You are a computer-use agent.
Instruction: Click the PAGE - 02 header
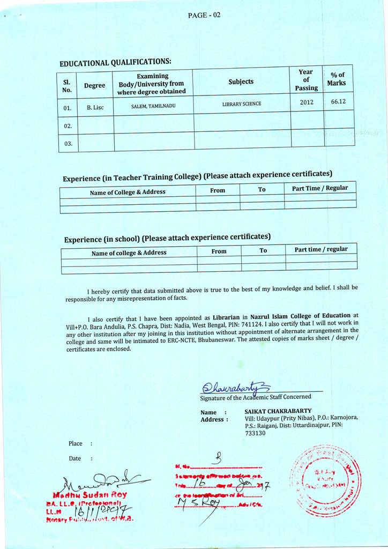pyautogui.click(x=204, y=15)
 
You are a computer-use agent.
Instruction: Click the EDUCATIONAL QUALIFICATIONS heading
pyautogui.click(x=115, y=63)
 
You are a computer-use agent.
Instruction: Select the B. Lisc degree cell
pyautogui.click(x=95, y=107)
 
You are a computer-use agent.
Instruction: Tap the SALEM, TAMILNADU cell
pyautogui.click(x=153, y=106)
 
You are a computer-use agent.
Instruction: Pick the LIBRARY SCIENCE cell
pyautogui.click(x=242, y=103)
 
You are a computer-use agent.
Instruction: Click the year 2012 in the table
pyautogui.click(x=307, y=102)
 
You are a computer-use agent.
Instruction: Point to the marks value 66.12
pyautogui.click(x=338, y=101)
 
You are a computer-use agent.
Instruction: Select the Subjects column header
pyautogui.click(x=241, y=81)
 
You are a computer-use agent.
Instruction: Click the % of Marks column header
pyautogui.click(x=338, y=79)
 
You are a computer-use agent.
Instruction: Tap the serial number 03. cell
pyautogui.click(x=68, y=144)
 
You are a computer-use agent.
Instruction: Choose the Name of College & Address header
pyautogui.click(x=128, y=192)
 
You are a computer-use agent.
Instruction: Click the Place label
pyautogui.click(x=76, y=443)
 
